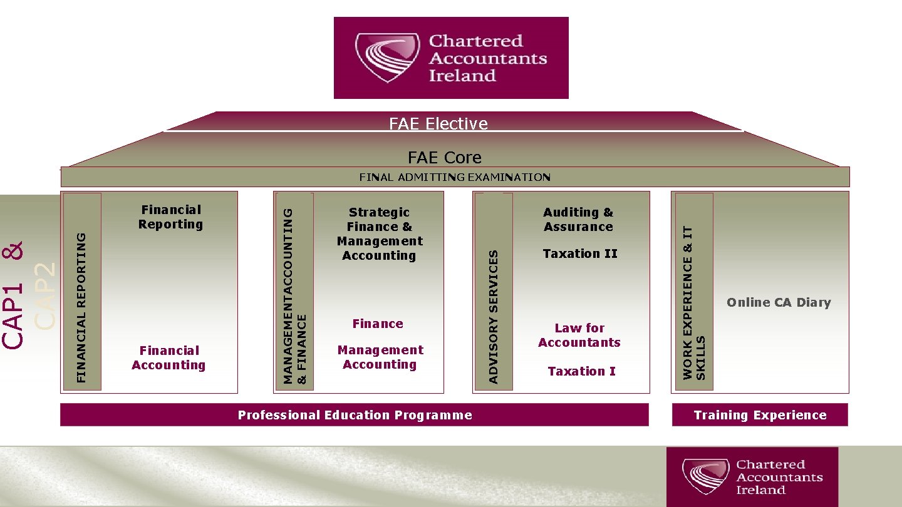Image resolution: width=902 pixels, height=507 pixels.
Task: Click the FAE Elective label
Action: coord(438,123)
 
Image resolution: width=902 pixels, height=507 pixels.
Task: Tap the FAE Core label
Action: coord(444,157)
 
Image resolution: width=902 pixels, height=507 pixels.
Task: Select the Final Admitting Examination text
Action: coord(455,177)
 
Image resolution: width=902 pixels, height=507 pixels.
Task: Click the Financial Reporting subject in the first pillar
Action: coord(170,217)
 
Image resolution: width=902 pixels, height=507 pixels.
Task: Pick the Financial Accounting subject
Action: coord(168,357)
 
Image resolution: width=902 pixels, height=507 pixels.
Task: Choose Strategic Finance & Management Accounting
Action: coord(380,233)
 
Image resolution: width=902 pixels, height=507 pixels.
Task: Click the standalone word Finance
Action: coord(378,324)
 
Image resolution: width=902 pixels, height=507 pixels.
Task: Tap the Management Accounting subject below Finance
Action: coord(380,357)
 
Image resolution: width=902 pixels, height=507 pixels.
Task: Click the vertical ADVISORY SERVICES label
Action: coord(494,316)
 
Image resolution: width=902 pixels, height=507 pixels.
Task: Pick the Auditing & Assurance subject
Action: coord(578,220)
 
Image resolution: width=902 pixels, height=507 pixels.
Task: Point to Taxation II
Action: coord(580,253)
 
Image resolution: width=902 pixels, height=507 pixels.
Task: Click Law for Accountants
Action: coord(579,335)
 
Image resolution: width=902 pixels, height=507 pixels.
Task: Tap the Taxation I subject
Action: coord(581,371)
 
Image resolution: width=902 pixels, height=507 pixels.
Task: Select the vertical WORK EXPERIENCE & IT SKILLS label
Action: coord(693,302)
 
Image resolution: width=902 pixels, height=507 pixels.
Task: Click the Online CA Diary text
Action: coord(779,302)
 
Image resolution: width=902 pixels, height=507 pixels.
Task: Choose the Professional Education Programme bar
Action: coord(355,415)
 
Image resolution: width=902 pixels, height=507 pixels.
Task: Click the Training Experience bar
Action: coord(760,415)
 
